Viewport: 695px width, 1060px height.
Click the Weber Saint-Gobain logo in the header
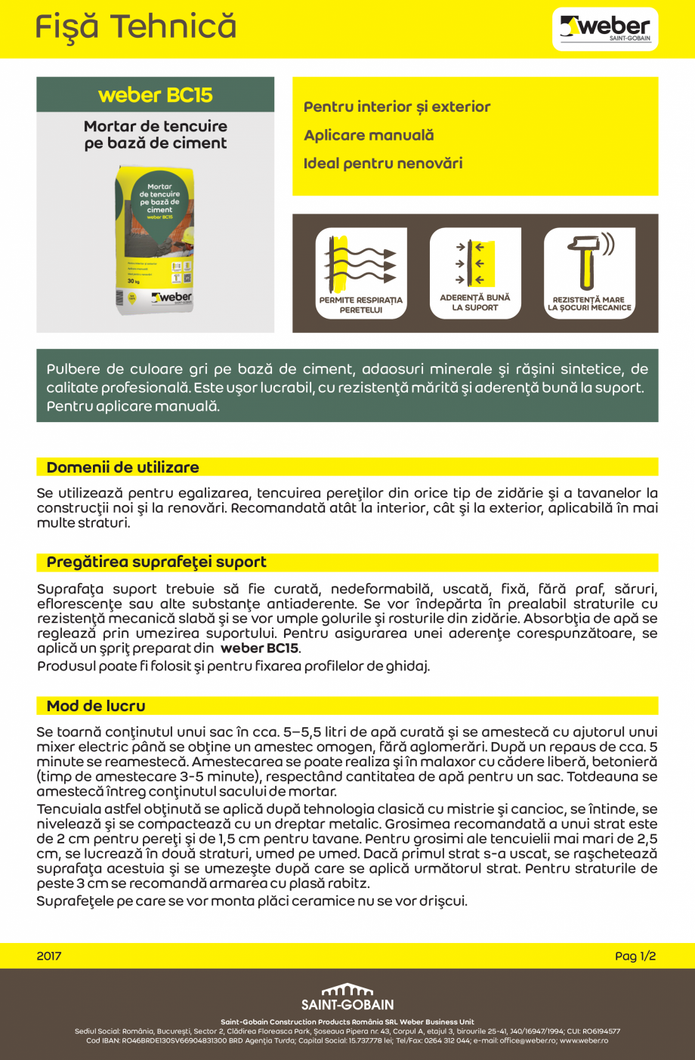pos(605,29)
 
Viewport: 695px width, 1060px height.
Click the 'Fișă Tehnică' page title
pos(136,27)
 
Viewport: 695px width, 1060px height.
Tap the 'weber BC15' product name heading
pos(156,95)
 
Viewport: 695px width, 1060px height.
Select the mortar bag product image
pos(156,242)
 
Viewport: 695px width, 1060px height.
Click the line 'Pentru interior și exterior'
pos(397,107)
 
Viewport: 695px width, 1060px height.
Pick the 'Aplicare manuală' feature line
pos(369,135)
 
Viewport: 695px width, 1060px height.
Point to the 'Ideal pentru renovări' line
pos(383,163)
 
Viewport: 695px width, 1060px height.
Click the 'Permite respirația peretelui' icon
pos(361,273)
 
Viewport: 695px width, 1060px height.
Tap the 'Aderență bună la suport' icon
pos(475,273)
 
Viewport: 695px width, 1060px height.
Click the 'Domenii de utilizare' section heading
pos(123,467)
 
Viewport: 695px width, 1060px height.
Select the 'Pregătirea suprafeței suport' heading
pos(156,562)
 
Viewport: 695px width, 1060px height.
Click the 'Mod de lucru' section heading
pos(96,706)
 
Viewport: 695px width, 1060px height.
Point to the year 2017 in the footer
pos(49,956)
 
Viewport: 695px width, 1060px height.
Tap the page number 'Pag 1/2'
pos(635,956)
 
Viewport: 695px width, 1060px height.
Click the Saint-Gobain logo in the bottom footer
pos(347,997)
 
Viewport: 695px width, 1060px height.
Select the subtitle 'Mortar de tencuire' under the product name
pos(156,126)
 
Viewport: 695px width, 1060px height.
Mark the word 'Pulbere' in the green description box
pos(72,369)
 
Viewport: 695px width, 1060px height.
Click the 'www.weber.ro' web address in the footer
pos(584,1040)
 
